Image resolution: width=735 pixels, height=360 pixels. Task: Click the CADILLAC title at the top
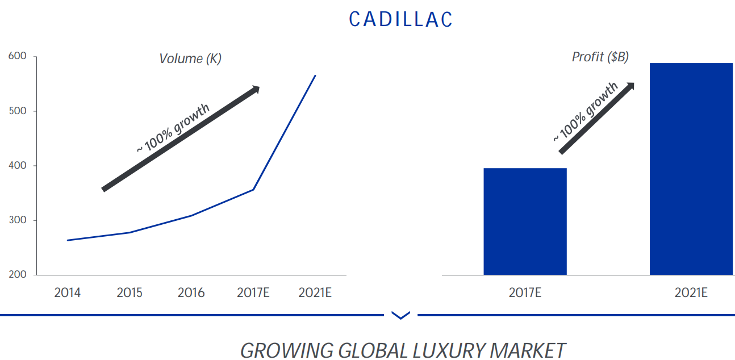tap(401, 19)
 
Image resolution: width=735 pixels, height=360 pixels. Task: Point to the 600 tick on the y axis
tap(18, 57)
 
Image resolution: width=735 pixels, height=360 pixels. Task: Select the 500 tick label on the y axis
tap(18, 111)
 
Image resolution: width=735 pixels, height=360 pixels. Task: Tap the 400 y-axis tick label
tap(18, 166)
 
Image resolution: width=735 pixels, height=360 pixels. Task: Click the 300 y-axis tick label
tap(18, 220)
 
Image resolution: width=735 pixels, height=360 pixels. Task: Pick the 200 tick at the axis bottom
tap(18, 275)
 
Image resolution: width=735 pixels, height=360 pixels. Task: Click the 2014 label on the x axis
tap(67, 293)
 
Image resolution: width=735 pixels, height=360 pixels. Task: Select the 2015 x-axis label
tap(130, 293)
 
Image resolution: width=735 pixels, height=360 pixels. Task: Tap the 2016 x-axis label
tap(191, 293)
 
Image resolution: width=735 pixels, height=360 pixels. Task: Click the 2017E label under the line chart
tap(253, 293)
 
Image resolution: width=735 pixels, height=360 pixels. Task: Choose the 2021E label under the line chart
tap(315, 293)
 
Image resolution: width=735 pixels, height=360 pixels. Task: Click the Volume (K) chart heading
tap(190, 58)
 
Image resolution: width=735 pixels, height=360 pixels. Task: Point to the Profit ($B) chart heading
tap(600, 57)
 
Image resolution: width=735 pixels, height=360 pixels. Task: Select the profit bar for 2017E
tap(525, 221)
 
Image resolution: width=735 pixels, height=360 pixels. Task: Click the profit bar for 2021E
tap(691, 169)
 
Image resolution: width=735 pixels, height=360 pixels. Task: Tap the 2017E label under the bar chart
tap(525, 293)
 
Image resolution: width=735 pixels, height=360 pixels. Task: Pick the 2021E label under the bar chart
tap(691, 293)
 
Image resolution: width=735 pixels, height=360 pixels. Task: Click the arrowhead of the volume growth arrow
tap(256, 89)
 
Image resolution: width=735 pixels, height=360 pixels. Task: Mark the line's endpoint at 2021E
tap(315, 76)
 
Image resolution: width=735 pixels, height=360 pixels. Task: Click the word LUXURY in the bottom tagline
tap(451, 350)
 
